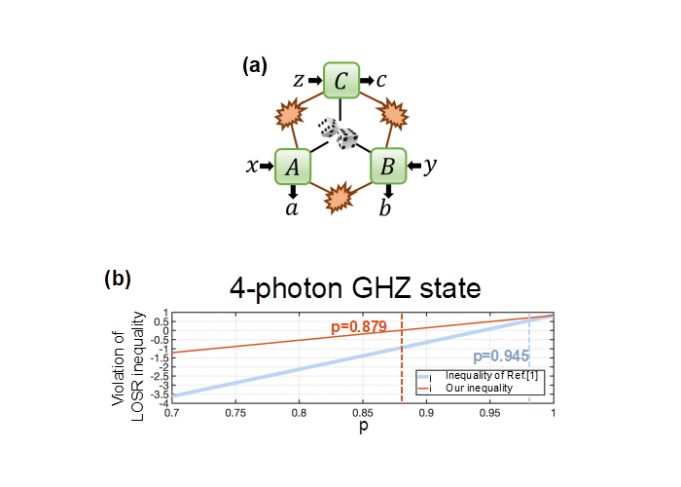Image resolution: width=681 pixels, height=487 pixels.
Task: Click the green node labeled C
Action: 341,80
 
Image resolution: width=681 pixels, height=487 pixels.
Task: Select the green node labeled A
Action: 293,167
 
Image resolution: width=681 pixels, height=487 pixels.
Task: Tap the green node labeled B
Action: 388,167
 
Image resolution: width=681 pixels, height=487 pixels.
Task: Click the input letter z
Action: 299,81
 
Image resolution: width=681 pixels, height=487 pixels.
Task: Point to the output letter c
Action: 381,81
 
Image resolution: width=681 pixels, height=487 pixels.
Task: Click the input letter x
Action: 252,167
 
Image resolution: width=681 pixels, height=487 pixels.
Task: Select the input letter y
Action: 430,167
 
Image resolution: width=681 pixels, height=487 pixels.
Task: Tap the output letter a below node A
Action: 292,208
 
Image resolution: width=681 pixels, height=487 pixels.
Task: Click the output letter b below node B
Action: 385,207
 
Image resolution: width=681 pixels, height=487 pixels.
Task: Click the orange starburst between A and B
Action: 340,198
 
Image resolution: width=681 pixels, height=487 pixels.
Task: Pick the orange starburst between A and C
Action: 290,114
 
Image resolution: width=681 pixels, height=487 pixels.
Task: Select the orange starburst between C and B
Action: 393,114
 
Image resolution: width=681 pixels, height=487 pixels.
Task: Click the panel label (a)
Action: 255,66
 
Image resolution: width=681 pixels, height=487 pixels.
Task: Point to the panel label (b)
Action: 118,279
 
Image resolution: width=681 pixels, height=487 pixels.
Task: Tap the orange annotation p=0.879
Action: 359,326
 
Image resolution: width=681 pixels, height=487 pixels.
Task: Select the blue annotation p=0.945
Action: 501,356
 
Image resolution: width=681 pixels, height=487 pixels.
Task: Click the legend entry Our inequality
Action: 479,388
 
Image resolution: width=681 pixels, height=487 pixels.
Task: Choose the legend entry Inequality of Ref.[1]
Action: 491,376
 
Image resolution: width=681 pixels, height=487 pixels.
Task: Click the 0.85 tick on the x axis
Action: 363,413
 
